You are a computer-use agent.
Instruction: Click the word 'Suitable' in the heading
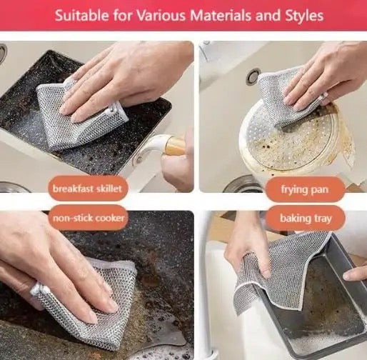click(83, 14)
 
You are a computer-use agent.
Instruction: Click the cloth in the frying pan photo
click(286, 100)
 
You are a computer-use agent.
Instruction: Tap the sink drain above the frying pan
click(253, 76)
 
